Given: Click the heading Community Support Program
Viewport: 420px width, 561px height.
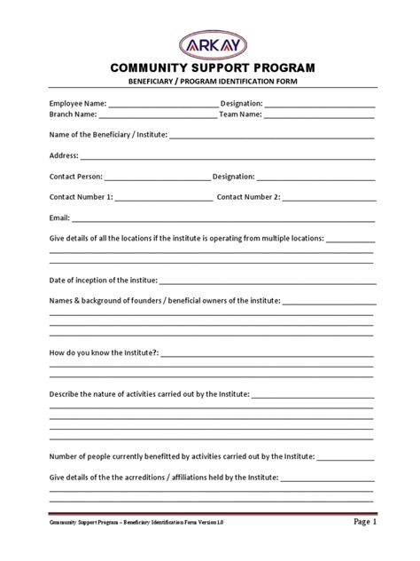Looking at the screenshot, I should [210, 68].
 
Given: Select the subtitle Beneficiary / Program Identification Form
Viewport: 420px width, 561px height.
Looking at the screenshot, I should [210, 83].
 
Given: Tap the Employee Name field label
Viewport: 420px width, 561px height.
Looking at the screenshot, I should [77, 104].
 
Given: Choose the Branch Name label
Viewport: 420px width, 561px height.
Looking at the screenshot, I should [73, 115].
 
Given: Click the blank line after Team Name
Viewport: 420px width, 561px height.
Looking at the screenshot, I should [319, 116].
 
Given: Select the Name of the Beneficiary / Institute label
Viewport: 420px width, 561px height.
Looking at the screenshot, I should [107, 135].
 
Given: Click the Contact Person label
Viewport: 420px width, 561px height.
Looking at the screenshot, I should [76, 177].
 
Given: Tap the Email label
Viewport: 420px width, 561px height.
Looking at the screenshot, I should [59, 217].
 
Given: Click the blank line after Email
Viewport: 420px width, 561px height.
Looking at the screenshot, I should [222, 219].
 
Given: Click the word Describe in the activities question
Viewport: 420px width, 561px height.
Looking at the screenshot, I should [66, 393].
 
